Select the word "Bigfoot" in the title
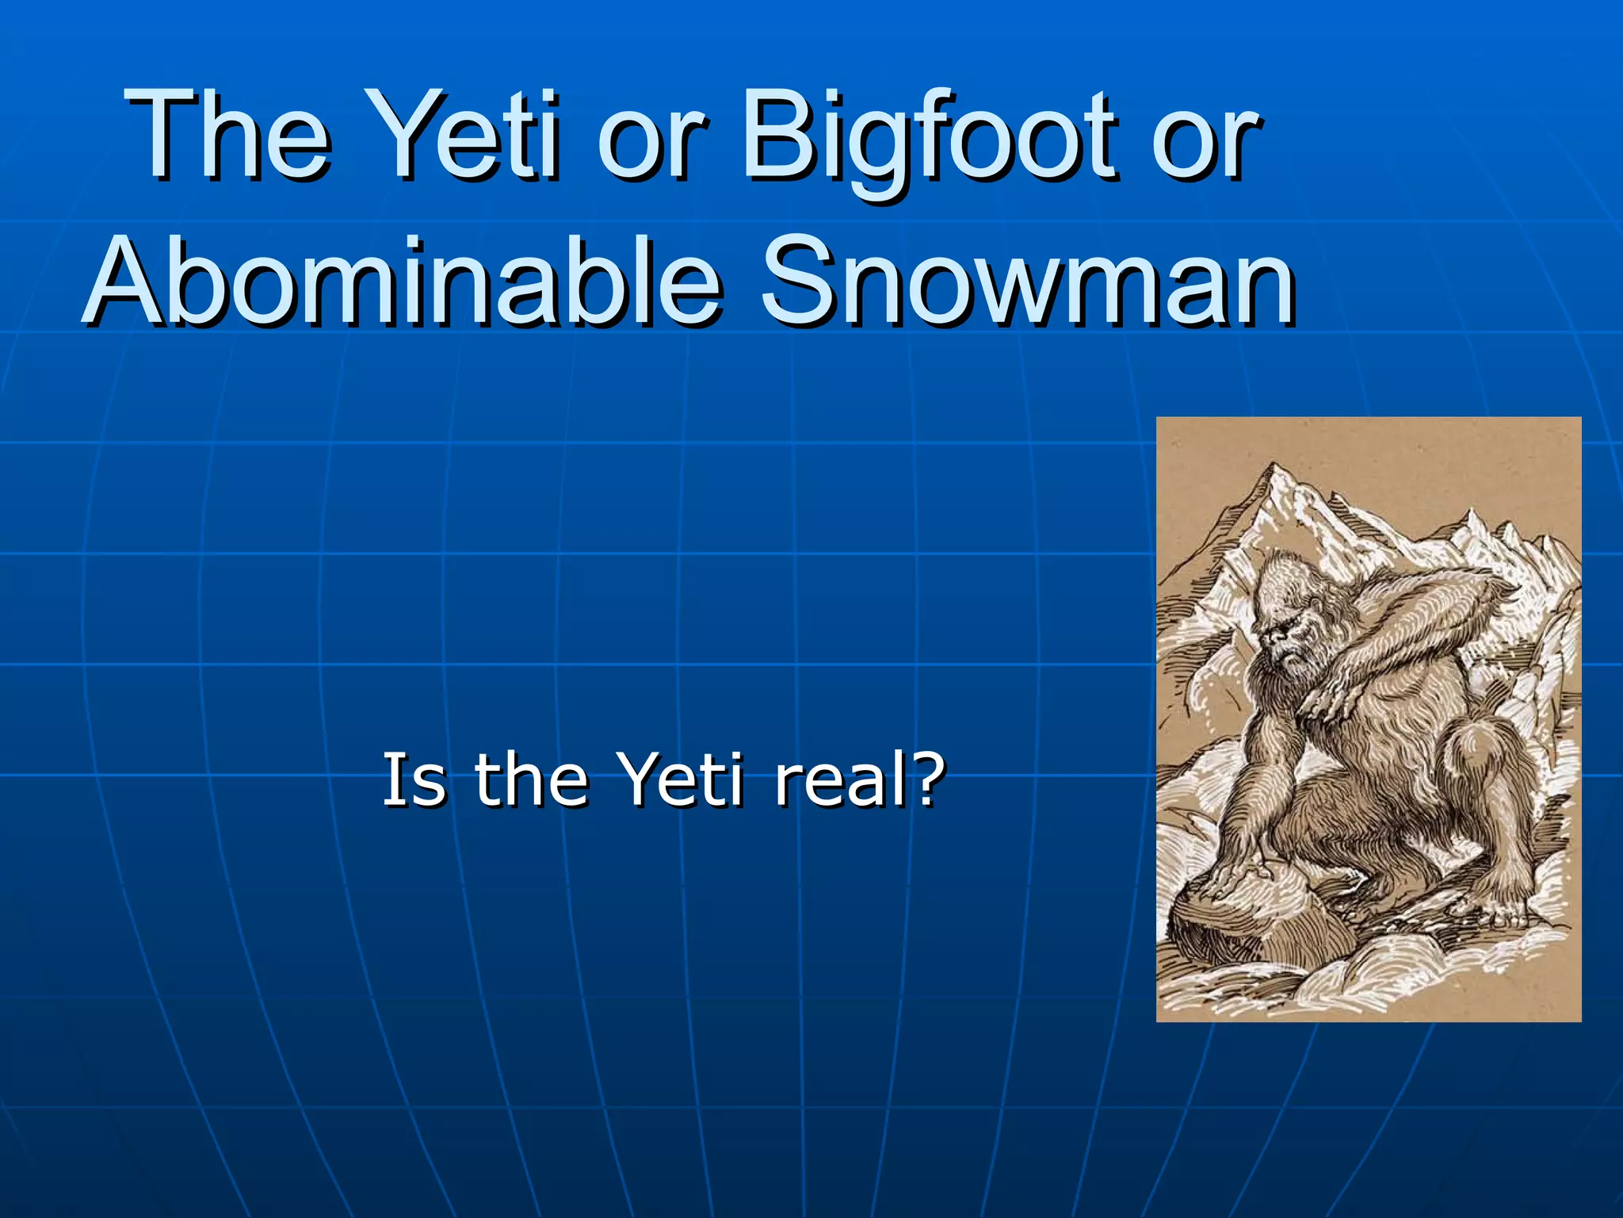point(927,139)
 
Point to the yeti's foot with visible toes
point(1506,912)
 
